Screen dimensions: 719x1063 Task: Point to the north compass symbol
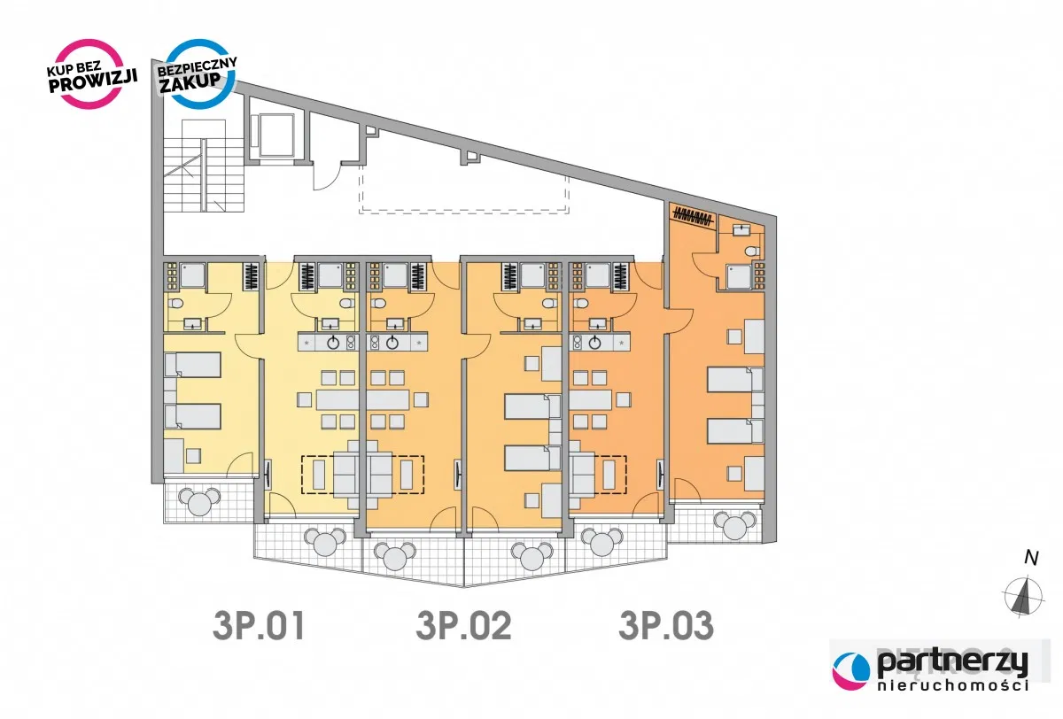[1024, 595]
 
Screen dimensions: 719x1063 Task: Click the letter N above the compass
[1030, 558]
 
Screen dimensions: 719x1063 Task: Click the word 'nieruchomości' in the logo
[952, 686]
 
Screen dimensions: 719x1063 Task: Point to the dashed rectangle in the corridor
[463, 190]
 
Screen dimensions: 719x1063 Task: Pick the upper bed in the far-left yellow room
[192, 364]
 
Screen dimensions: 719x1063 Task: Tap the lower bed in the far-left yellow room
[192, 415]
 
